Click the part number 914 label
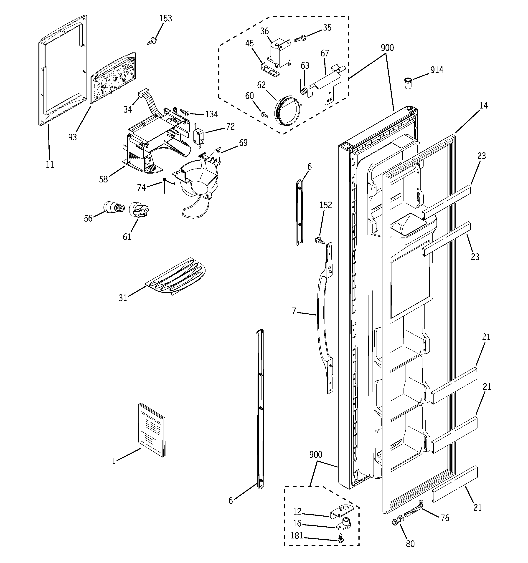(x=437, y=70)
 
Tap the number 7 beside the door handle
(x=294, y=311)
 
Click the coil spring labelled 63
(x=304, y=91)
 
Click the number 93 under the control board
(x=73, y=137)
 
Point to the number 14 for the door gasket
(x=483, y=105)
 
